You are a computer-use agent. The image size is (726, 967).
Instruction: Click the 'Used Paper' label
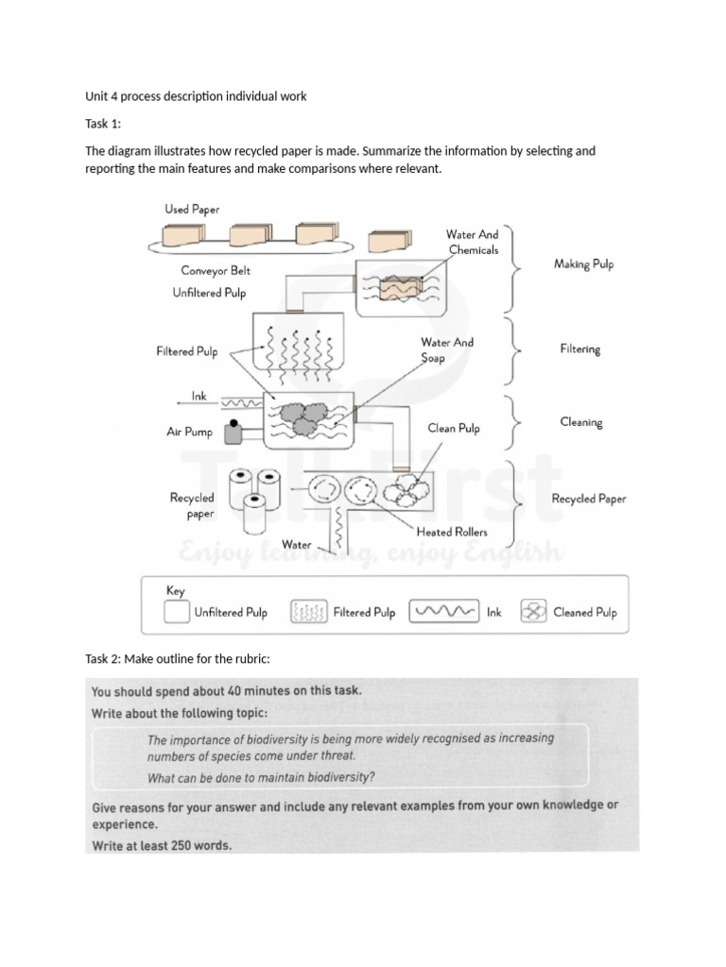coord(192,209)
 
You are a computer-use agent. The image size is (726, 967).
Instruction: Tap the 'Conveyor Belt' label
coord(216,271)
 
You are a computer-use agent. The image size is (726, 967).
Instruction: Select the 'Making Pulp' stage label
coord(583,264)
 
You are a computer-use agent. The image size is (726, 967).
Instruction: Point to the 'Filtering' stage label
coord(579,349)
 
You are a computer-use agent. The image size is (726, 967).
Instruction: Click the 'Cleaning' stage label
coord(580,422)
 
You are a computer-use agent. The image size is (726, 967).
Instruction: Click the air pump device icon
coord(231,432)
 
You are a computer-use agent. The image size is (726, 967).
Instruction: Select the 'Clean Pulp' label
coord(454,428)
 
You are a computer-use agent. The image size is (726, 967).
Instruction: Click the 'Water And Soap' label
coord(447,350)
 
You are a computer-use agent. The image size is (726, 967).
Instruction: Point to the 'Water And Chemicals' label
coord(473,242)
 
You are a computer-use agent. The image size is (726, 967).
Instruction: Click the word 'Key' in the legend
coord(176,590)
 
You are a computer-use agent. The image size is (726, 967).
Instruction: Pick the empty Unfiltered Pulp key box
coord(176,612)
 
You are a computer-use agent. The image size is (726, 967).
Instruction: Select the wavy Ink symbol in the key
coord(443,612)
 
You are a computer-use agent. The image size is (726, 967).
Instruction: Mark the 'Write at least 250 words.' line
coord(162,846)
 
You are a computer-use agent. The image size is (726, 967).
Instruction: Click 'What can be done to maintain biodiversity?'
coord(261,778)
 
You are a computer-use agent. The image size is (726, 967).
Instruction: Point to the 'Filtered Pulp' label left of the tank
coord(187,352)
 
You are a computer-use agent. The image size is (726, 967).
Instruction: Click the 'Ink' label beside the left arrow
coord(199,398)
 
